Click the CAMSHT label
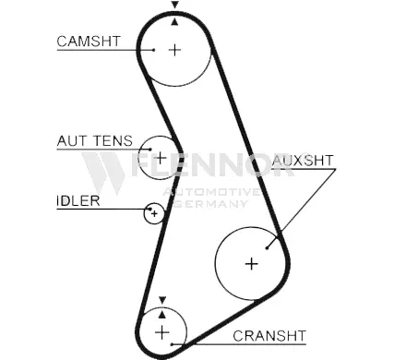[x=89, y=42]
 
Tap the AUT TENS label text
[x=95, y=141]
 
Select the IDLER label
[x=78, y=201]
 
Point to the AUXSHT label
[x=303, y=161]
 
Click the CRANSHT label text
[x=269, y=336]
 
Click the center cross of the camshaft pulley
[x=174, y=50]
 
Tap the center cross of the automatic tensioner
[x=161, y=158]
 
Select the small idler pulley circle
[x=154, y=213]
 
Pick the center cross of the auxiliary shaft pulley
[x=252, y=264]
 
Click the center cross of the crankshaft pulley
[x=161, y=332]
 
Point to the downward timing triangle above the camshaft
[x=174, y=5]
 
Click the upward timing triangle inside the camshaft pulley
[x=174, y=22]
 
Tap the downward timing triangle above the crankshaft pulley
[x=162, y=300]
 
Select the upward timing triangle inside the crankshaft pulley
[x=162, y=315]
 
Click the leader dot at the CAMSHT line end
[x=153, y=50]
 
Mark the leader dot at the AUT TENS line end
[x=150, y=150]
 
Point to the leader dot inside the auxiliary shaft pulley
[x=267, y=248]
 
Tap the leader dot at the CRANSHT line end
[x=173, y=344]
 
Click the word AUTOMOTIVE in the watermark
[x=211, y=192]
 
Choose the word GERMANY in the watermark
[x=211, y=204]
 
